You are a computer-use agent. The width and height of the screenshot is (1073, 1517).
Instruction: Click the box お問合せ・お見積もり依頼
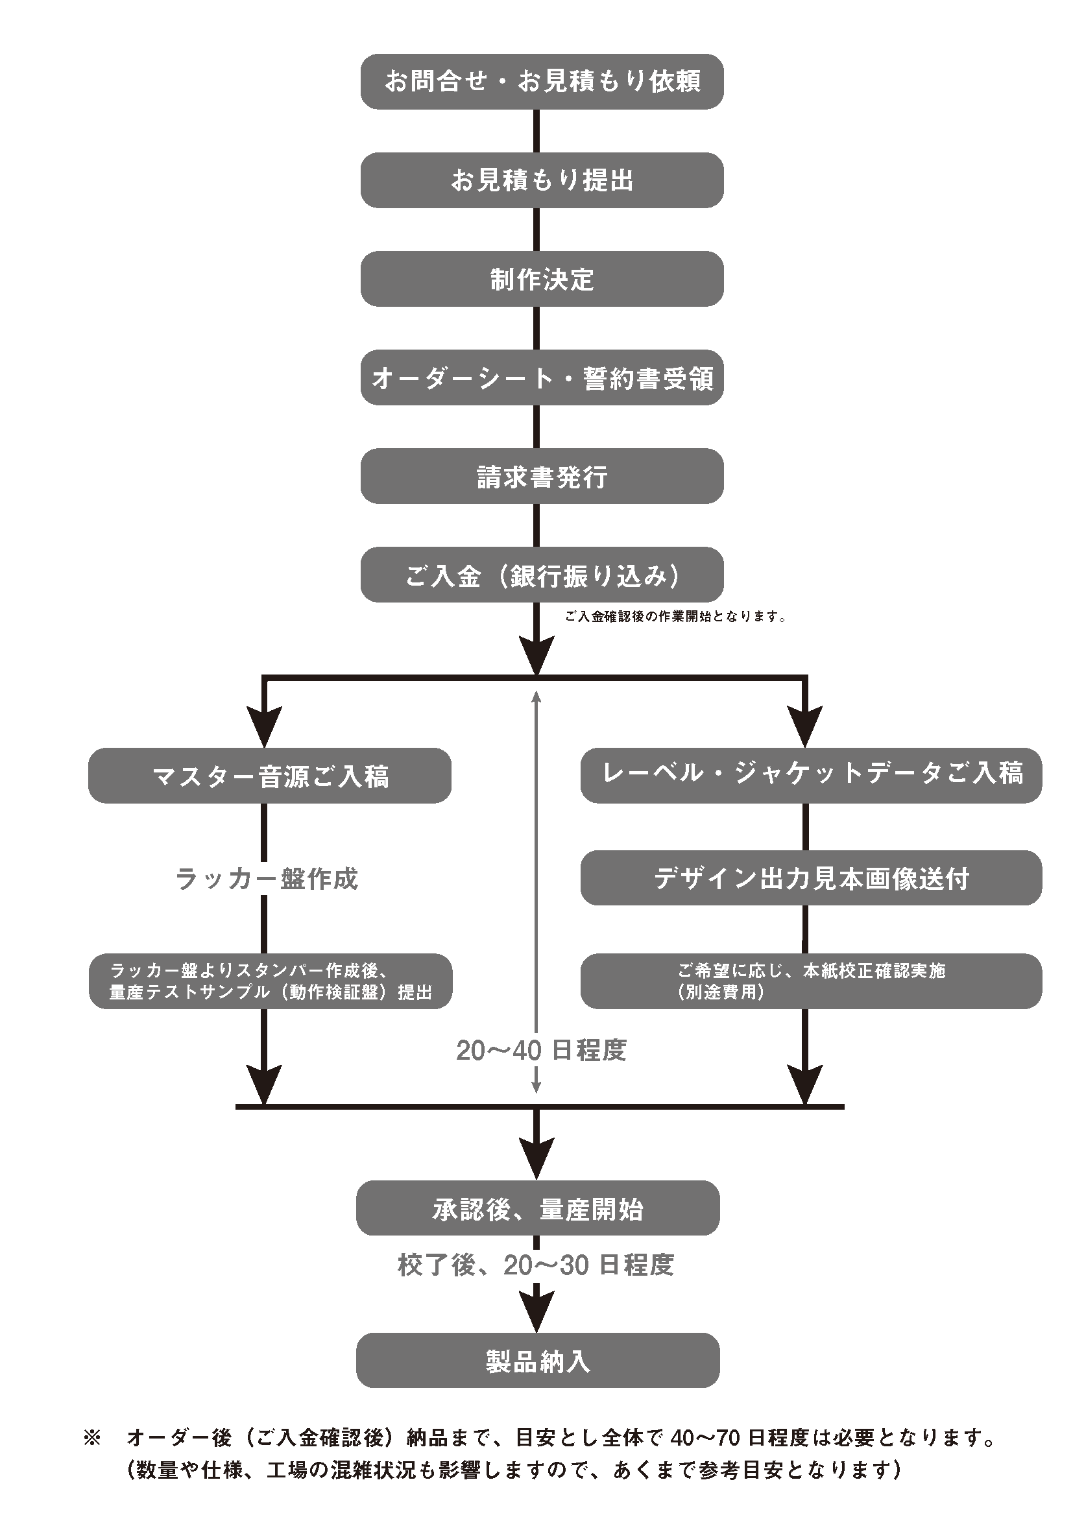542,81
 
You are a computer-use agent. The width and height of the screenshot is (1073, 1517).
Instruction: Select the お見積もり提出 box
542,180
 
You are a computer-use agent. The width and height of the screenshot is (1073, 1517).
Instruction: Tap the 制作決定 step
542,279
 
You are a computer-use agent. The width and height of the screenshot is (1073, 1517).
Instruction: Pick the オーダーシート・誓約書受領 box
542,377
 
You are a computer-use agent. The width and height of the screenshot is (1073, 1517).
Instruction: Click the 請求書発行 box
542,475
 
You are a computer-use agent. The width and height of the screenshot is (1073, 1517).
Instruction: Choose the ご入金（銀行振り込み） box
542,575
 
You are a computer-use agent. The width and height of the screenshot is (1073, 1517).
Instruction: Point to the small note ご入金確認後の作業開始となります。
675,617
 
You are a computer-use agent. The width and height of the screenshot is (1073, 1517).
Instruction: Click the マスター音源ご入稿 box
270,776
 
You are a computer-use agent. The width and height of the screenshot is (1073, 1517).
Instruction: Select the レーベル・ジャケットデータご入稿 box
811,774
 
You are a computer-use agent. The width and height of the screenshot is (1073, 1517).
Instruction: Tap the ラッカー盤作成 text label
266,879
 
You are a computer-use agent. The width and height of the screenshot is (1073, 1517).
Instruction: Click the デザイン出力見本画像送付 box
811,878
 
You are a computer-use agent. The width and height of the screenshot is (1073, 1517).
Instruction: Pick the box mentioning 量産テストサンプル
271,981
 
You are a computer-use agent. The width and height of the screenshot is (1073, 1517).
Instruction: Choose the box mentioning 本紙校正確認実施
811,981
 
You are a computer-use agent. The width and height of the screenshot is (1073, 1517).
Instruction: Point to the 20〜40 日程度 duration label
541,1051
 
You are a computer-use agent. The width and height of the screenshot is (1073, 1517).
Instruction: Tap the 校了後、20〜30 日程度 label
535,1265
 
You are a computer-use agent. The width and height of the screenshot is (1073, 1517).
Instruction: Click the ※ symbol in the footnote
92,1438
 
